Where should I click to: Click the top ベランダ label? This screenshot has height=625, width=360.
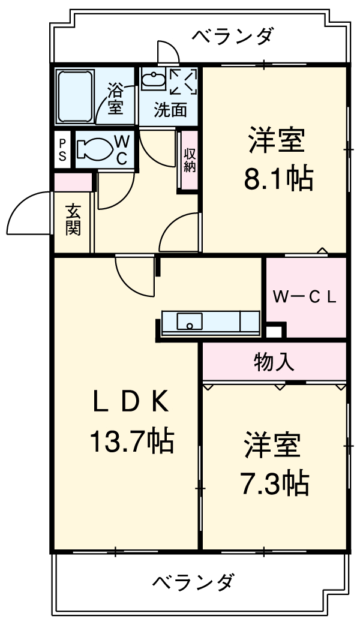coord(232,37)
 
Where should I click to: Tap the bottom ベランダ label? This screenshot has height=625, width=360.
coord(193,582)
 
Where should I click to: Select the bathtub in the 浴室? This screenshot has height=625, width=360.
coord(75,95)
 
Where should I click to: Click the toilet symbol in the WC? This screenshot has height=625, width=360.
coord(95,149)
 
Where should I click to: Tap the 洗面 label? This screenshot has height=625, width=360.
coord(170,110)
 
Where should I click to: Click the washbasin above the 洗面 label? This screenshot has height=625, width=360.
coord(154,80)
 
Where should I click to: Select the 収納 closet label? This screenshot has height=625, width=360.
coord(190,160)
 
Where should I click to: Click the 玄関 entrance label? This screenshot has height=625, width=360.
coord(73,220)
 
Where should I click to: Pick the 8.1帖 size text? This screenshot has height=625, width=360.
coord(278,178)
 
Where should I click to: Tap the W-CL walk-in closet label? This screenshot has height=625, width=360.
coord(305,297)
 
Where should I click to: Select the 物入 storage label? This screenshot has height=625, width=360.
coord(274,362)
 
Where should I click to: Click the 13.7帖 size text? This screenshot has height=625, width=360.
coord(131,442)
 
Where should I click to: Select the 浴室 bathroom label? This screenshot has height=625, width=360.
coord(115,99)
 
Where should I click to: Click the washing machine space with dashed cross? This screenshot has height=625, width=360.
coord(184,82)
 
